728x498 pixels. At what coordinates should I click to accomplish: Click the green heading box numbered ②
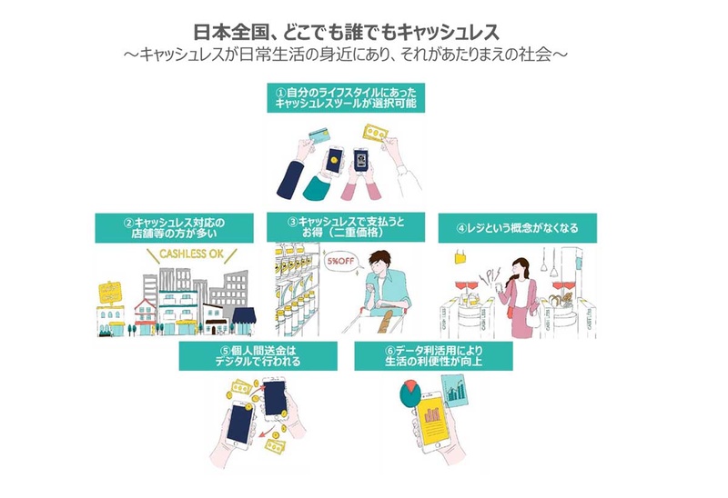(x=172, y=226)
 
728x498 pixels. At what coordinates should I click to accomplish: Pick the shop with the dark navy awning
(x=243, y=317)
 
